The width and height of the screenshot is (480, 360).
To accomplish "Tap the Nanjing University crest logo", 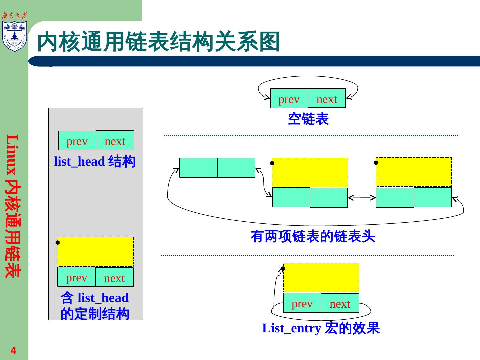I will pyautogui.click(x=14, y=36).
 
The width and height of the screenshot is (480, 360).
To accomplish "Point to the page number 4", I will pyautogui.click(x=13, y=350).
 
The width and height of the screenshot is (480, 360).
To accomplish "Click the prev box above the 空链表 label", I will pyautogui.click(x=289, y=99).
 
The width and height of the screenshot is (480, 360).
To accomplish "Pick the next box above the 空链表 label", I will pyautogui.click(x=327, y=99).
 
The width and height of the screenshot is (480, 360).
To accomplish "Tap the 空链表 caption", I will pyautogui.click(x=308, y=119).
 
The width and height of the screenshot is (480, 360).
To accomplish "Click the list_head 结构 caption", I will pyautogui.click(x=95, y=162).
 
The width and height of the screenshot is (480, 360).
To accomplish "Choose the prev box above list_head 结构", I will pyautogui.click(x=77, y=141).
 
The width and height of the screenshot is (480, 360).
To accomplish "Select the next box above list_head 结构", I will pyautogui.click(x=115, y=141).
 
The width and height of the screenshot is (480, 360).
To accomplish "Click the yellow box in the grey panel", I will pyautogui.click(x=96, y=252).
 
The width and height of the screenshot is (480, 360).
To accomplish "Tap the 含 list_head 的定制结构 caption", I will pyautogui.click(x=95, y=306).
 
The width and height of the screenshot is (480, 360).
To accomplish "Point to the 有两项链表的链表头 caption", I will pyautogui.click(x=313, y=237).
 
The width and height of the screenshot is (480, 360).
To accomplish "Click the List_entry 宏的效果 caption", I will pyautogui.click(x=321, y=328).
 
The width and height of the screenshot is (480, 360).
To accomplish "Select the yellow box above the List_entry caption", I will pyautogui.click(x=321, y=278).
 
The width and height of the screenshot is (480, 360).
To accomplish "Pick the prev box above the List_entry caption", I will pyautogui.click(x=302, y=303).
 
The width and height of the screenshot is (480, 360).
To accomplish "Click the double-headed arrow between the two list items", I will pyautogui.click(x=362, y=198).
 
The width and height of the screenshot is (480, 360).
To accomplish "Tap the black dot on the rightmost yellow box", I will pyautogui.click(x=376, y=163).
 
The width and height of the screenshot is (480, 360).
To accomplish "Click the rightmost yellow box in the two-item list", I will pyautogui.click(x=414, y=172).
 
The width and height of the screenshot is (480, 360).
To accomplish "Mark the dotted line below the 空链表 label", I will pyautogui.click(x=312, y=136).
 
